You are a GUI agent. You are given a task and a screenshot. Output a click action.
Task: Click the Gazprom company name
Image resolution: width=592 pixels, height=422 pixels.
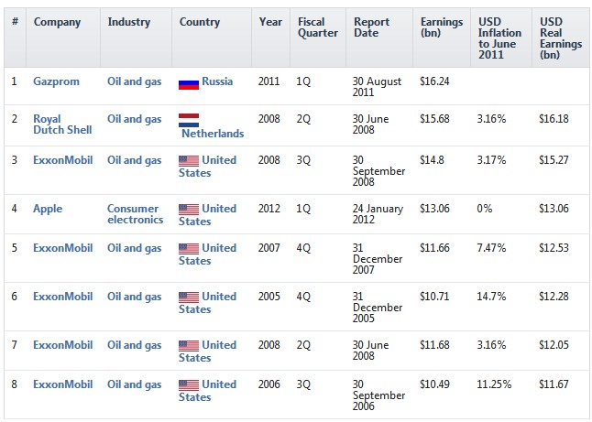[x=56, y=81]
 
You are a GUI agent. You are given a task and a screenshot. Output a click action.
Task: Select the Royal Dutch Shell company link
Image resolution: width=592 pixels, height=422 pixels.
[x=62, y=124]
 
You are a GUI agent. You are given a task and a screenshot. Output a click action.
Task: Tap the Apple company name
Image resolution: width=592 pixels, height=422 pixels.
[x=48, y=209]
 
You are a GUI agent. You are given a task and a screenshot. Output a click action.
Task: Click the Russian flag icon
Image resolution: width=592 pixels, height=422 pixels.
[x=188, y=82]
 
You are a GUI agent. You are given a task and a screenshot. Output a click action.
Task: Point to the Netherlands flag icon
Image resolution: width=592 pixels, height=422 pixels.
[x=190, y=119]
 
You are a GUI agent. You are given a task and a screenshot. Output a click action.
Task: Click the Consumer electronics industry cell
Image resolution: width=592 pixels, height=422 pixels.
[x=135, y=214]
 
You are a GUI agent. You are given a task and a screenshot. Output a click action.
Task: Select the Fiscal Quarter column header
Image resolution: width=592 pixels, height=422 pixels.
[x=317, y=27]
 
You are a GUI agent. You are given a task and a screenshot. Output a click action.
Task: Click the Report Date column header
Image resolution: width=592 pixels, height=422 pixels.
[x=371, y=27]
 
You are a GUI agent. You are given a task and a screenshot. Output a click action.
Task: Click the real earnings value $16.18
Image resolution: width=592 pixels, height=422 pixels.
[x=554, y=119]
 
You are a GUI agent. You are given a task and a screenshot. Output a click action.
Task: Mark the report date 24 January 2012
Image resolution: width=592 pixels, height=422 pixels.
[x=378, y=214]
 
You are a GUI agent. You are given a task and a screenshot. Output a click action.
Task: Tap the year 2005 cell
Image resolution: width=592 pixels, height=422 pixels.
[x=269, y=297]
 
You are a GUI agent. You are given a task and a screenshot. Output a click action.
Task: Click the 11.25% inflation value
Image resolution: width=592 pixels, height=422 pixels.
[x=494, y=384]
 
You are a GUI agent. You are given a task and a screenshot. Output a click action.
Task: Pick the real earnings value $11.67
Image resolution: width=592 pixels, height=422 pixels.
[x=554, y=384]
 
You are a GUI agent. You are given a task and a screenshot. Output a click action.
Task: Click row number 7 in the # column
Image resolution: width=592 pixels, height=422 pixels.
[x=14, y=345]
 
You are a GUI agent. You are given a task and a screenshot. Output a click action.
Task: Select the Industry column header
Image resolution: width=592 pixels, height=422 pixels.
[x=128, y=22]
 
